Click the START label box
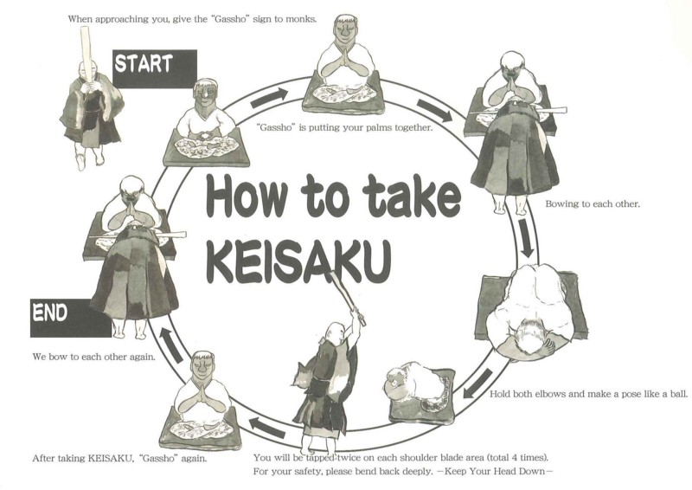155,68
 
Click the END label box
71,318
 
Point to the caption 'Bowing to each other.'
593,204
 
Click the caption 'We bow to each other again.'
94,357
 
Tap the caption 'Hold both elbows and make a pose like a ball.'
589,394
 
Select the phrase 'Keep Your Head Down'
495,471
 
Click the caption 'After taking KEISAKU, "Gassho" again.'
119,458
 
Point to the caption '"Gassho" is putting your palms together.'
344,127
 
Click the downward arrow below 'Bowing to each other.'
526,238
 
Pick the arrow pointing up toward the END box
170,345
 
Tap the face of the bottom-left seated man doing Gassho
203,368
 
